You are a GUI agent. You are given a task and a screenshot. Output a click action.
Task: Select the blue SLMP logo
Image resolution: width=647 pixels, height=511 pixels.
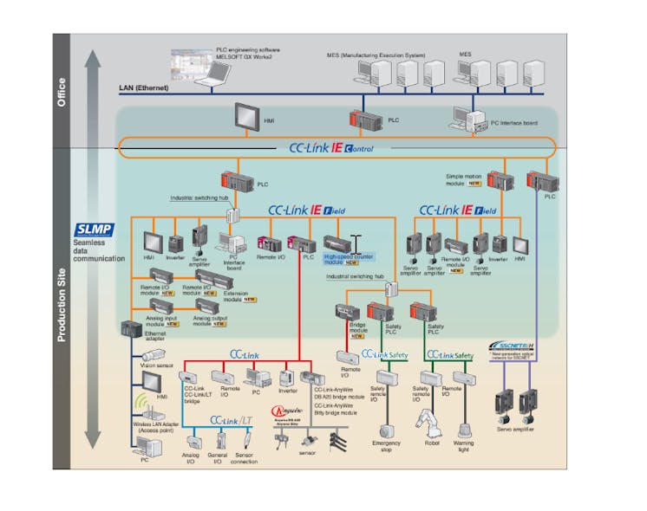pos(92,229)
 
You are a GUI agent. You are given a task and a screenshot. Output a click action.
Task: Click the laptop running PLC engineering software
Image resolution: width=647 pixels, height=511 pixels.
pos(207,74)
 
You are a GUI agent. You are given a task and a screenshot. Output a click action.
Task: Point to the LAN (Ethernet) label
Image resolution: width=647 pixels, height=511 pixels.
pos(143,88)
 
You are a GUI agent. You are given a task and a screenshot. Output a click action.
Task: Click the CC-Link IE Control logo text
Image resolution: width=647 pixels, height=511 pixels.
pos(331,148)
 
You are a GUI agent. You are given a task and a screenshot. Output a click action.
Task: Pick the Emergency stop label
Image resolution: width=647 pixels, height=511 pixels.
pos(388,447)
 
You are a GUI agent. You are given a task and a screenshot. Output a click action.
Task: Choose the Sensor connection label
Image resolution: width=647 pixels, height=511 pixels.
pos(246,460)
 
